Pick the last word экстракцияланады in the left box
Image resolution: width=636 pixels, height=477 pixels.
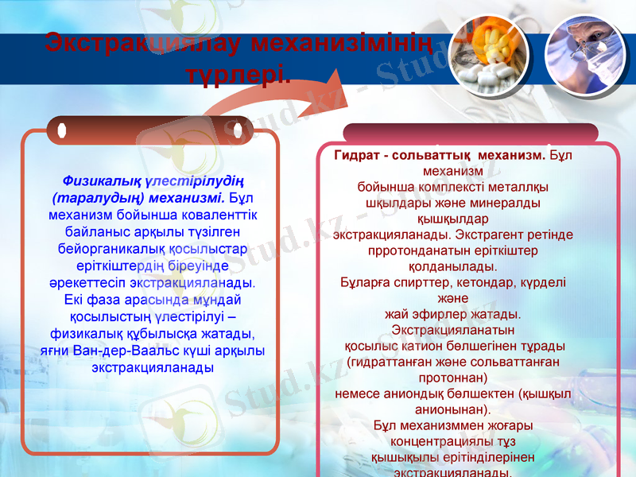pyautogui.click(x=152, y=367)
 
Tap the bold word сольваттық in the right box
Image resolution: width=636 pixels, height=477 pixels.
pyautogui.click(x=429, y=155)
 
